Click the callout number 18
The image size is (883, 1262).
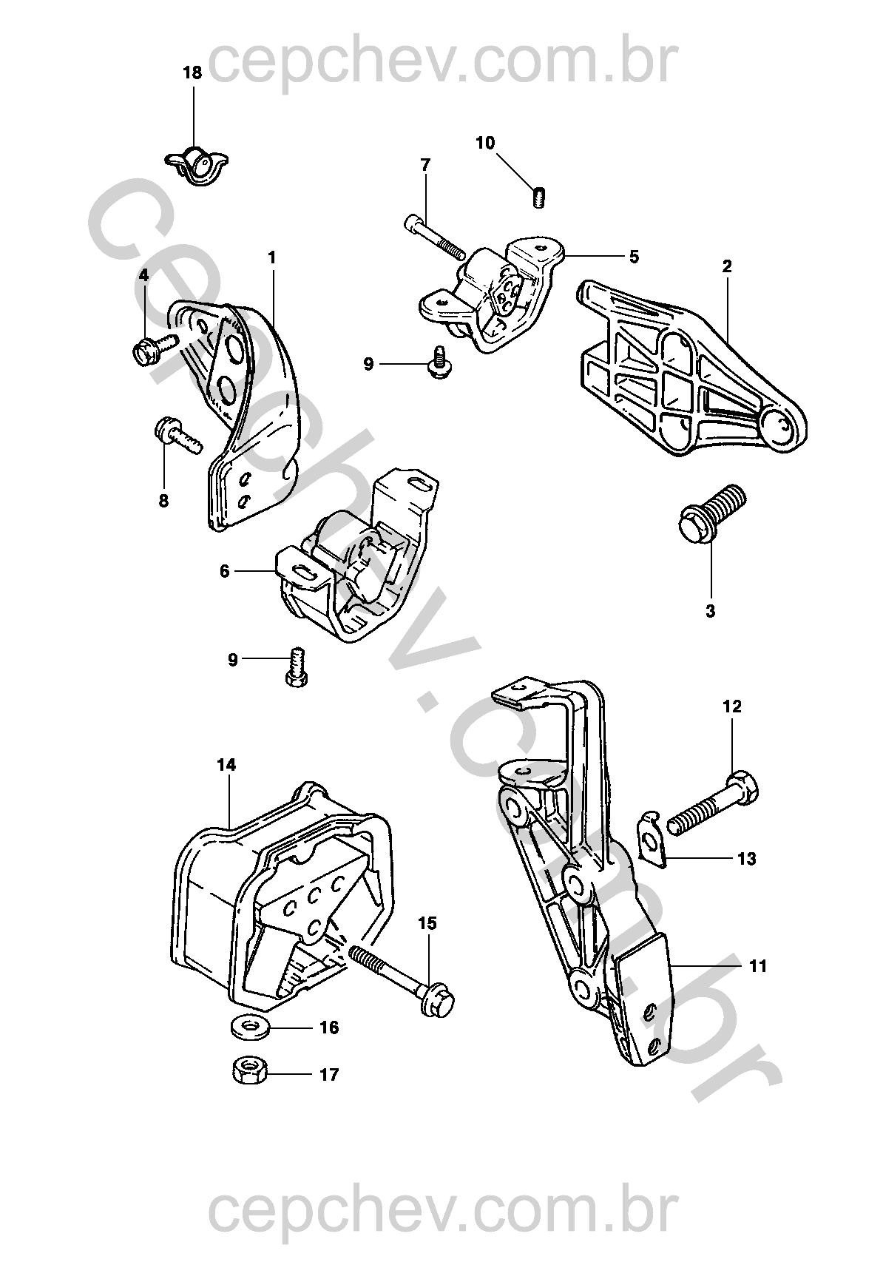click(192, 72)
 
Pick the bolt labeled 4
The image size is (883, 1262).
click(154, 346)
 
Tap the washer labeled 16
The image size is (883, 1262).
click(247, 1027)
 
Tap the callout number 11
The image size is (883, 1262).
click(757, 965)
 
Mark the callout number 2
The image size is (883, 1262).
click(727, 266)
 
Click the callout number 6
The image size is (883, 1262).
click(225, 571)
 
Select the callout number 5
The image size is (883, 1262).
click(634, 257)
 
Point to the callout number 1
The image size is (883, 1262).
click(272, 257)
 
